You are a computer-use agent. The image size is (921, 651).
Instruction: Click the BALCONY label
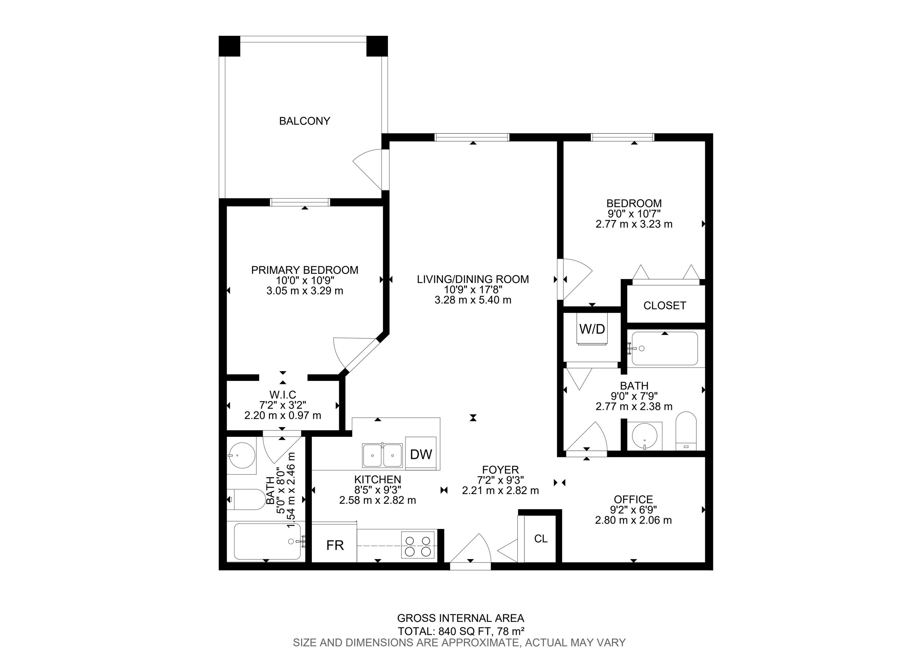point(305,121)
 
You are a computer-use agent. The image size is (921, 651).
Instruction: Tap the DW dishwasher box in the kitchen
point(421,453)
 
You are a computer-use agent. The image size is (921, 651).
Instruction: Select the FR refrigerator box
point(335,545)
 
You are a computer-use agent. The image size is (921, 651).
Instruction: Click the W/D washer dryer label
point(592,329)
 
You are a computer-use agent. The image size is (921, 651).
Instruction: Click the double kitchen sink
point(382,455)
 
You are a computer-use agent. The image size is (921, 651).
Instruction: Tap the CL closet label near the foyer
point(541,539)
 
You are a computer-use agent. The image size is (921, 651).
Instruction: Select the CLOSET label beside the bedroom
point(665,306)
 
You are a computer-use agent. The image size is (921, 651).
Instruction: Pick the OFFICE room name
point(633,499)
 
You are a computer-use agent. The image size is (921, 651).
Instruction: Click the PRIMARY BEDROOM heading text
point(305,270)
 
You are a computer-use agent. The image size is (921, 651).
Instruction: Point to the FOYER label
point(500,470)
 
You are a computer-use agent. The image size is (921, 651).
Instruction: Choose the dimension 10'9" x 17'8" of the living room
point(473,290)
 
